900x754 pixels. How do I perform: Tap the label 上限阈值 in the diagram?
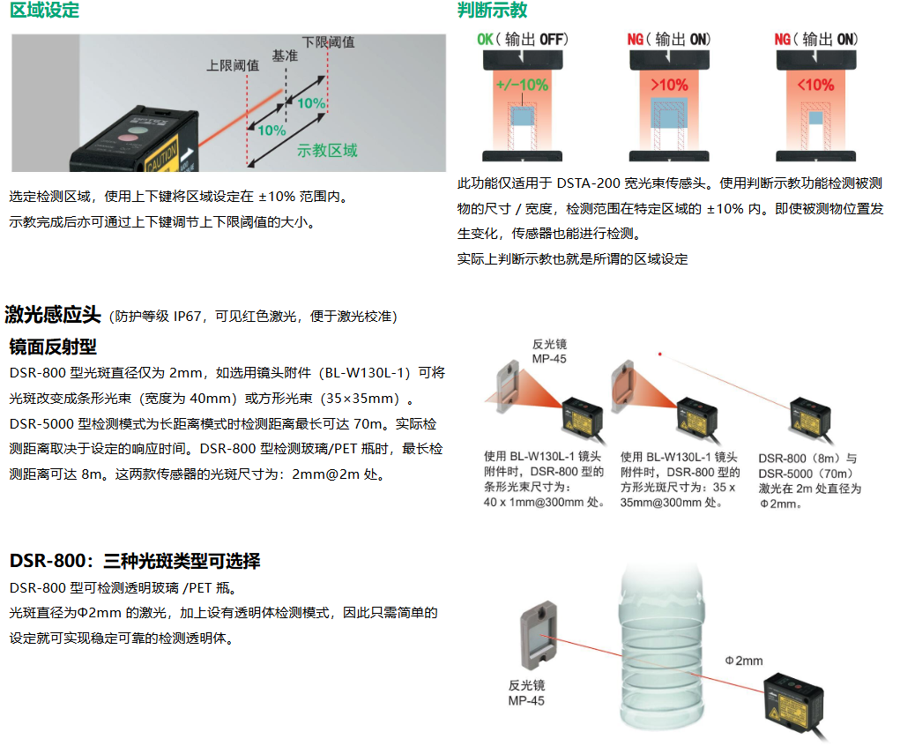click(x=232, y=65)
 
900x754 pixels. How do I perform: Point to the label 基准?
click(x=284, y=56)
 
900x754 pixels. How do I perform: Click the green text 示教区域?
click(x=328, y=151)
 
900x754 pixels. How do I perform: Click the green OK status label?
click(x=486, y=40)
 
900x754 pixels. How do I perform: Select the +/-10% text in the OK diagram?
click(x=522, y=86)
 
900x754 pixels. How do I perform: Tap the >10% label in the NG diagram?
click(x=669, y=86)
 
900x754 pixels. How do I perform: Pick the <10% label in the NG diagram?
click(x=815, y=86)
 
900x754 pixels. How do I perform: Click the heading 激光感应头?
click(x=53, y=315)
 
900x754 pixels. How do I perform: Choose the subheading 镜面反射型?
click(x=53, y=346)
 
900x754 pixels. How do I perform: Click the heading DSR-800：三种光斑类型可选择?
click(x=135, y=561)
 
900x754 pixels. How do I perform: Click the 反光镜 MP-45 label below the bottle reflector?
click(x=527, y=692)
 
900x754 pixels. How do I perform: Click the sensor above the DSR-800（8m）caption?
click(x=816, y=420)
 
